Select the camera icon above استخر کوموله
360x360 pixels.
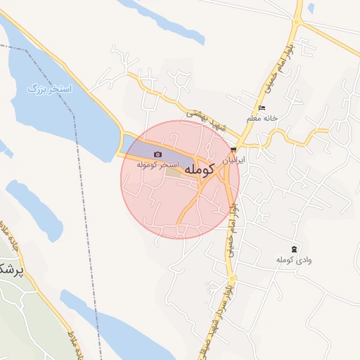click(157, 155)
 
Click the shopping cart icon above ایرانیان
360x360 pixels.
click(233, 150)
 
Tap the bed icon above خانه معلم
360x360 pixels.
click(262, 108)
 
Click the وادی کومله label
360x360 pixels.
click(293, 260)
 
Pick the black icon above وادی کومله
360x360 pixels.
click(293, 250)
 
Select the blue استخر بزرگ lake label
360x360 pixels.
click(46, 89)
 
